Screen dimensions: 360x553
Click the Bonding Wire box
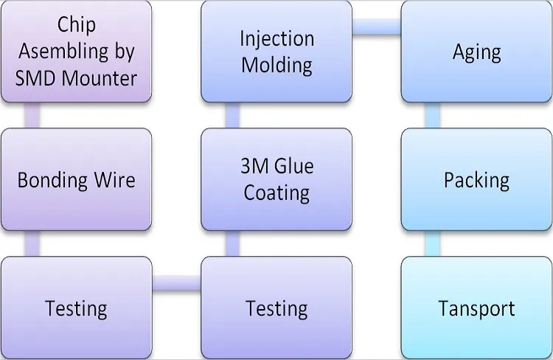pyautogui.click(x=77, y=179)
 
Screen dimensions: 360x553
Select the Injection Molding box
pyautogui.click(x=276, y=52)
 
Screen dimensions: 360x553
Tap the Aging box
pyautogui.click(x=476, y=52)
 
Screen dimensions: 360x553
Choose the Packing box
pyautogui.click(x=476, y=179)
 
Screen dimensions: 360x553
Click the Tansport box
pyautogui.click(x=476, y=307)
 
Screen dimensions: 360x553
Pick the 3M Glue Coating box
pyautogui.click(x=276, y=179)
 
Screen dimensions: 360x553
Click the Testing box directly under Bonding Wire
pyautogui.click(x=77, y=307)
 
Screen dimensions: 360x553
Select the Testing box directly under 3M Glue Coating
pyautogui.click(x=276, y=307)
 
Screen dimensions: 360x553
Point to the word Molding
pyautogui.click(x=276, y=64)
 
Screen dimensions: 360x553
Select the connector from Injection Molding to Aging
pyautogui.click(x=376, y=26)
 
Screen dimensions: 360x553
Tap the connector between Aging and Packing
pyautogui.click(x=433, y=115)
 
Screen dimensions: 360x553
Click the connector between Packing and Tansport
pyautogui.click(x=433, y=243)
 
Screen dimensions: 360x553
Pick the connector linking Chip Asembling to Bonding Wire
pyautogui.click(x=32, y=115)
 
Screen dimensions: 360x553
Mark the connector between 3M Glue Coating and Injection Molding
pyautogui.click(x=232, y=115)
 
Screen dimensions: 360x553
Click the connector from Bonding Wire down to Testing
pyautogui.click(x=32, y=243)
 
